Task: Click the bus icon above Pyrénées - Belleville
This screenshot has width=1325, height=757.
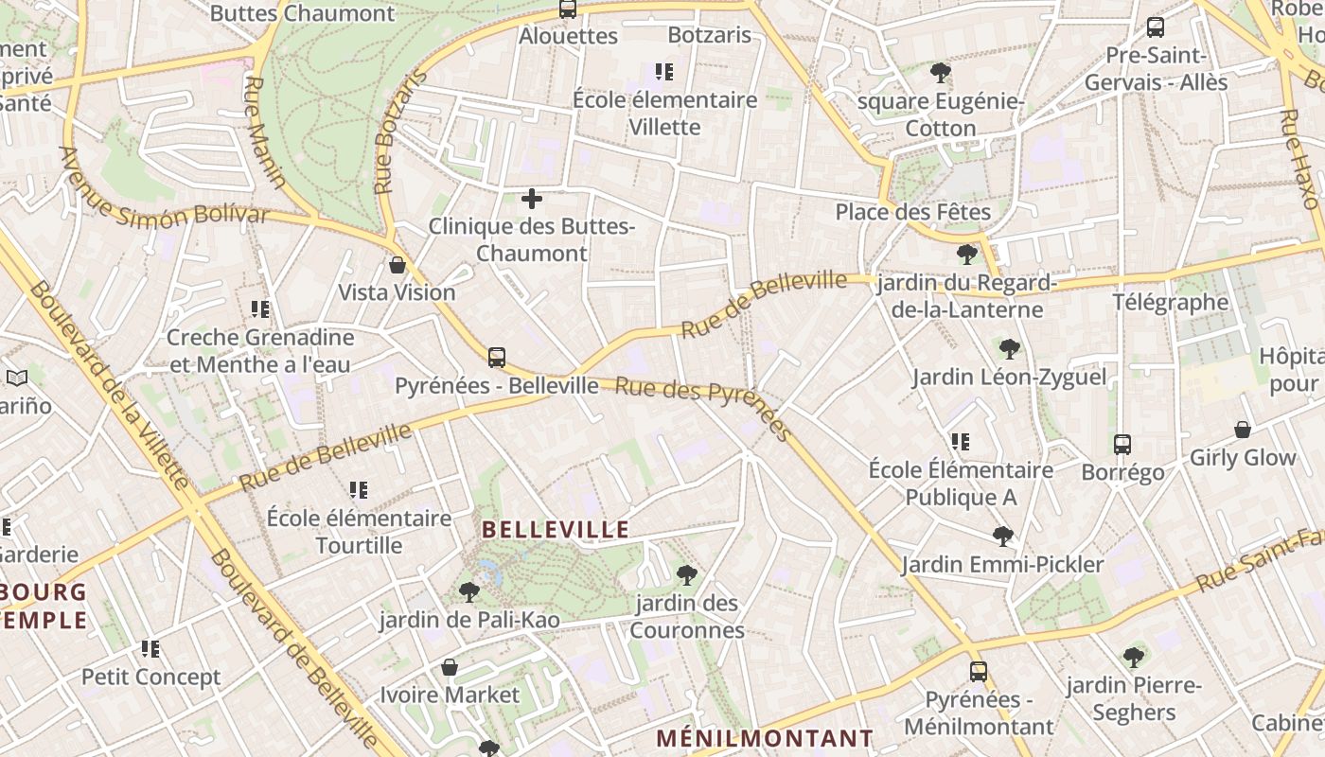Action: pos(497,358)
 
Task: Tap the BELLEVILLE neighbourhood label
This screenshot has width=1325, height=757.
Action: pos(556,529)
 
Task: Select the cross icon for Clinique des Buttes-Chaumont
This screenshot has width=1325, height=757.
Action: pos(532,199)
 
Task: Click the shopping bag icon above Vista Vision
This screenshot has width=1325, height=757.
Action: pos(397,265)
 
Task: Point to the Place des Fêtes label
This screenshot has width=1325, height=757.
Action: pos(912,212)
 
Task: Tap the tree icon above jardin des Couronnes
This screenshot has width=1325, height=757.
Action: pos(687,574)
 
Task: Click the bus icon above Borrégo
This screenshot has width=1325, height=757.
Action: pos(1122,444)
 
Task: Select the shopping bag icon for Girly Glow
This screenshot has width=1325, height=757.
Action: pos(1243,430)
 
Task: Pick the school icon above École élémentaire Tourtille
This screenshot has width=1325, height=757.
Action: pos(359,490)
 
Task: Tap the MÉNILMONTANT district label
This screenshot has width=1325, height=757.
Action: pos(765,738)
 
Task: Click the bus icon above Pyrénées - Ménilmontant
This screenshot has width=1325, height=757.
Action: pos(979,672)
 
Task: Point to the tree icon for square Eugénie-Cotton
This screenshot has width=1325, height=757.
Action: pos(941,73)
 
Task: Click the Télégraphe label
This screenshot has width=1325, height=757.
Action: pos(1170,303)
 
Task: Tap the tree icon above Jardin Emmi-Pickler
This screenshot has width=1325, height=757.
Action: pos(1002,537)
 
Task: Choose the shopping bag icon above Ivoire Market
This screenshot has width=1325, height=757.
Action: pos(450,667)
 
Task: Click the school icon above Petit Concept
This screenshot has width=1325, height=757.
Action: pos(150,649)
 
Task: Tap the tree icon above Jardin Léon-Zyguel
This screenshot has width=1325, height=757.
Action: pos(1010,349)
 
